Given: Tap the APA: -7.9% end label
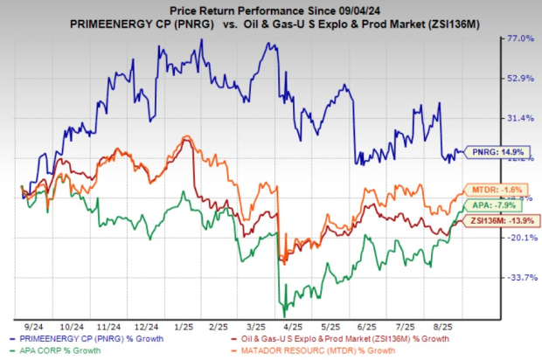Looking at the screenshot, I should [487, 206].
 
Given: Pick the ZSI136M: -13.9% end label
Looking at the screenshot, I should [494, 222].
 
